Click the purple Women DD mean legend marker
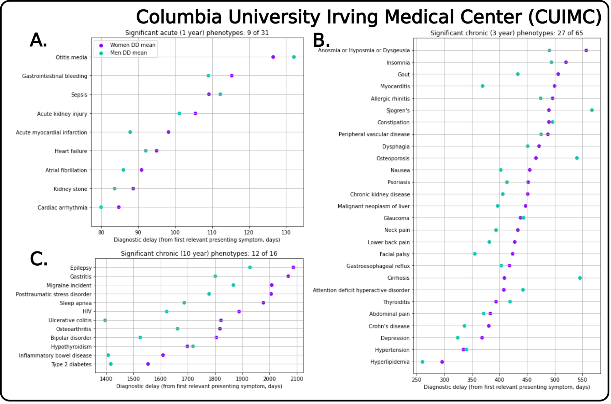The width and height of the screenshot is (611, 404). [101, 45]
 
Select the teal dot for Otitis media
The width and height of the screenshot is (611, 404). [294, 57]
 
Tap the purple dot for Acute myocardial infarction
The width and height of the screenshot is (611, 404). [169, 132]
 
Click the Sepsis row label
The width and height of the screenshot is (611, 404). [79, 95]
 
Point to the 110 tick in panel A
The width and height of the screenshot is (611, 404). [212, 232]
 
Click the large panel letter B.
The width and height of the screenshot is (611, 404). [321, 40]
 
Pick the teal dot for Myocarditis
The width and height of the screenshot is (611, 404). [483, 86]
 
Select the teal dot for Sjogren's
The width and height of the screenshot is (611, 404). [592, 110]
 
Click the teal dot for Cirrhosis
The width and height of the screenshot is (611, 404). [580, 278]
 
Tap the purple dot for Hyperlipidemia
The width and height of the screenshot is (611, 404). [442, 362]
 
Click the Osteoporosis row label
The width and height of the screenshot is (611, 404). [393, 158]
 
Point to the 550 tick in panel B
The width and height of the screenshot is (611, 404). [582, 380]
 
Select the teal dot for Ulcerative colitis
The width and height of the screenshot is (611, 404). [105, 320]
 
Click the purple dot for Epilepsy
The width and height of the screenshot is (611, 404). [293, 267]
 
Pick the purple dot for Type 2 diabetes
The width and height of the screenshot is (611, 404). [148, 364]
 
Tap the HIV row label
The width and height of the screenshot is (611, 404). [87, 312]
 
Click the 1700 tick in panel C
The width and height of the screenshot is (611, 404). [188, 379]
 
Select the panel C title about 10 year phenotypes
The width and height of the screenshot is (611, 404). [199, 253]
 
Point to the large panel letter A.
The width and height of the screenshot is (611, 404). [39, 40]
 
